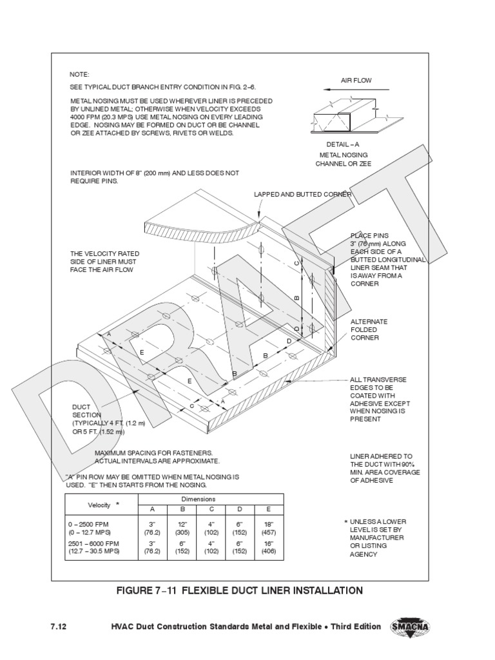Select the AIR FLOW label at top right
[356, 81]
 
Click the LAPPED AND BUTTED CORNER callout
[302, 193]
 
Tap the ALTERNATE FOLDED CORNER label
[369, 329]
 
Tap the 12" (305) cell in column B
[182, 529]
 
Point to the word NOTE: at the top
[79, 75]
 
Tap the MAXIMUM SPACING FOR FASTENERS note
[157, 457]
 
